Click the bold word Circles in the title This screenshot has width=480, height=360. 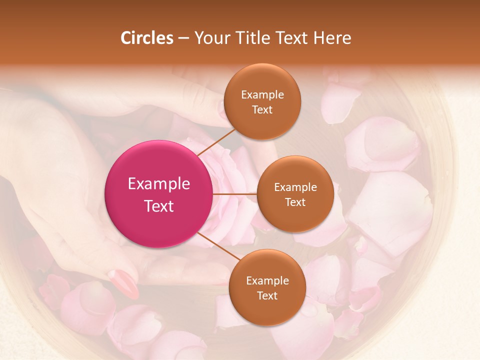point(146,38)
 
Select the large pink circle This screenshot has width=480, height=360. point(158,194)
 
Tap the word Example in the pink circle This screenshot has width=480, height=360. point(159,183)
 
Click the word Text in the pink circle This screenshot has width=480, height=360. point(159,206)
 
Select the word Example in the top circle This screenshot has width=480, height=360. point(262,94)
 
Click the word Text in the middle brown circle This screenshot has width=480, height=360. point(295,202)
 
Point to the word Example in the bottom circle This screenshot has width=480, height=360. point(267,280)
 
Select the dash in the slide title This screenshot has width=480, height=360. point(183,38)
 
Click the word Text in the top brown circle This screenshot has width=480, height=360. point(262,109)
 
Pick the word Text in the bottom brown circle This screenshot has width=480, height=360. point(267,295)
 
